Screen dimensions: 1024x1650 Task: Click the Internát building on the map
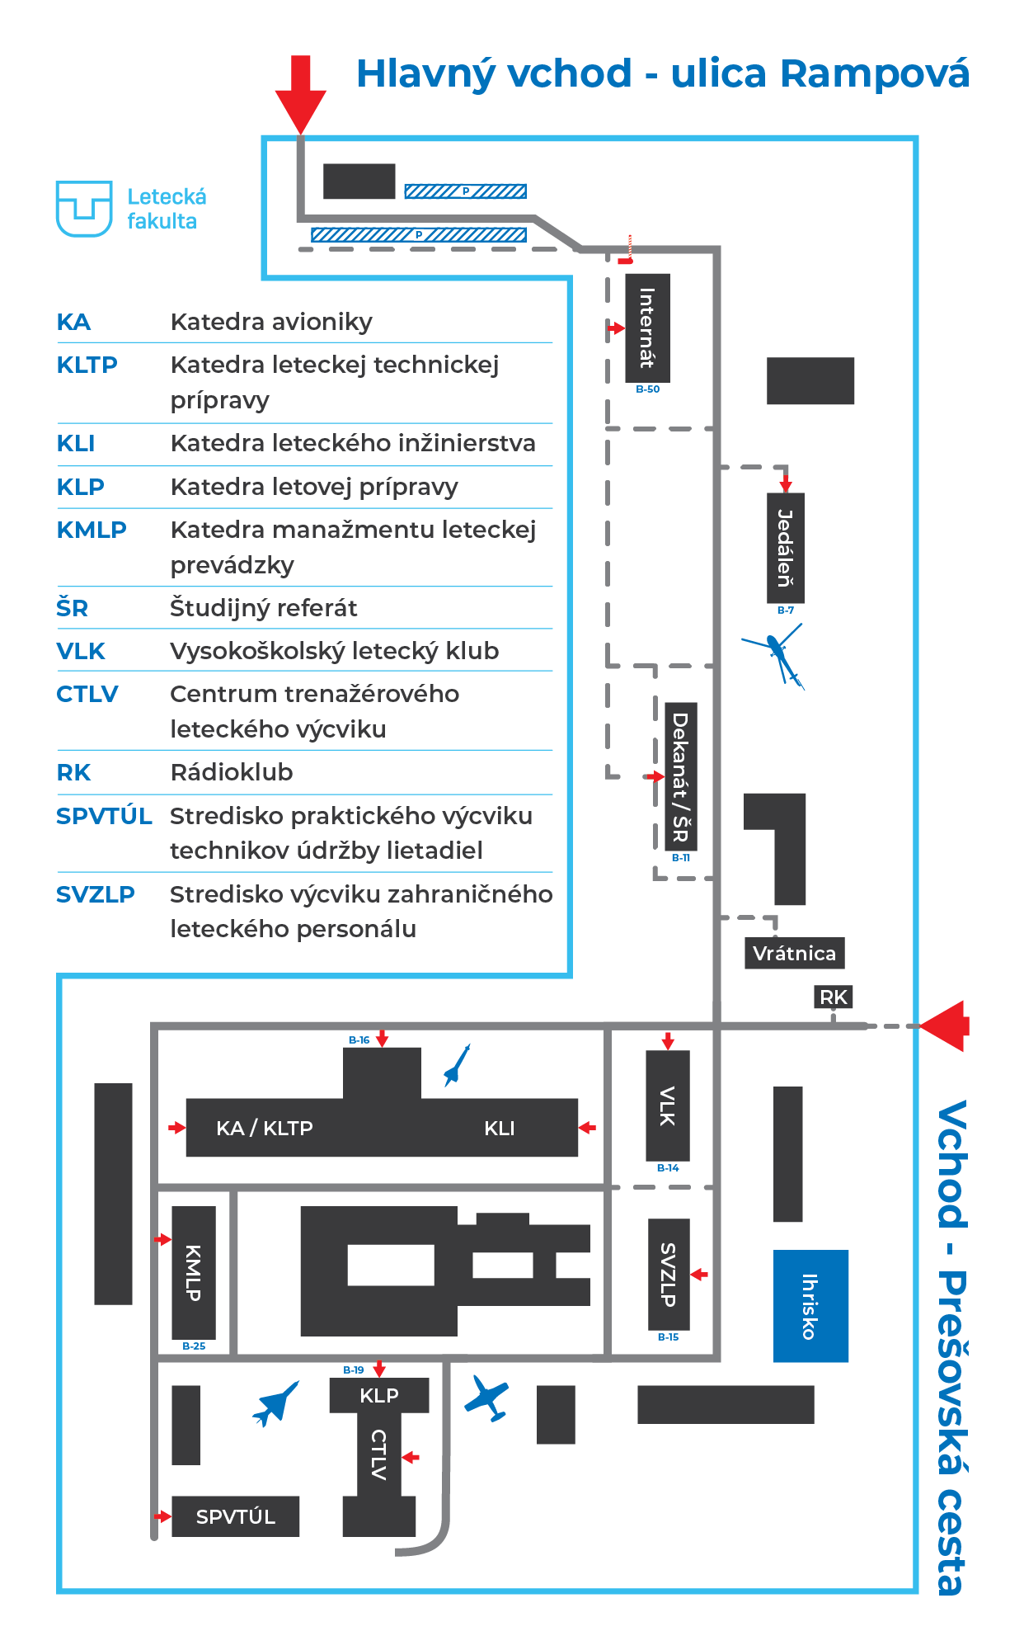tap(647, 328)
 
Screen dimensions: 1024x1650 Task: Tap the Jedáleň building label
tap(786, 548)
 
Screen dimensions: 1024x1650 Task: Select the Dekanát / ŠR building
tap(681, 776)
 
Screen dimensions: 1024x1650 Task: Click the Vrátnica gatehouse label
tap(795, 954)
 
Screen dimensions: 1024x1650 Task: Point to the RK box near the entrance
tap(834, 997)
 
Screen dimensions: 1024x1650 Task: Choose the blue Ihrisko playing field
tap(810, 1306)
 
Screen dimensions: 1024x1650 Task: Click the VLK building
tap(668, 1105)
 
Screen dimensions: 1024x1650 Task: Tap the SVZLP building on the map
tap(669, 1275)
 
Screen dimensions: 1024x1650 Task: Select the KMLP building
tap(194, 1273)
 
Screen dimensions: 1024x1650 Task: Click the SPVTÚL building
tap(236, 1516)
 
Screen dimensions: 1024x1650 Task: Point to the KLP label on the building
tap(379, 1395)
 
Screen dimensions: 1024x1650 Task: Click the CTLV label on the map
tap(379, 1454)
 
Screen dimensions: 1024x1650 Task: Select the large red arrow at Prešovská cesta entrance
tap(945, 1026)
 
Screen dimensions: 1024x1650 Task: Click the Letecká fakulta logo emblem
tap(84, 209)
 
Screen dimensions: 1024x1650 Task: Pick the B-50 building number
tap(648, 389)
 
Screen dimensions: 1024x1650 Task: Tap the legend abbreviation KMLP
tap(92, 530)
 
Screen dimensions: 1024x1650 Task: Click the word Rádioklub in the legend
tap(232, 772)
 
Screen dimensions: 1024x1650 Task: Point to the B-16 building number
tap(359, 1040)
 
